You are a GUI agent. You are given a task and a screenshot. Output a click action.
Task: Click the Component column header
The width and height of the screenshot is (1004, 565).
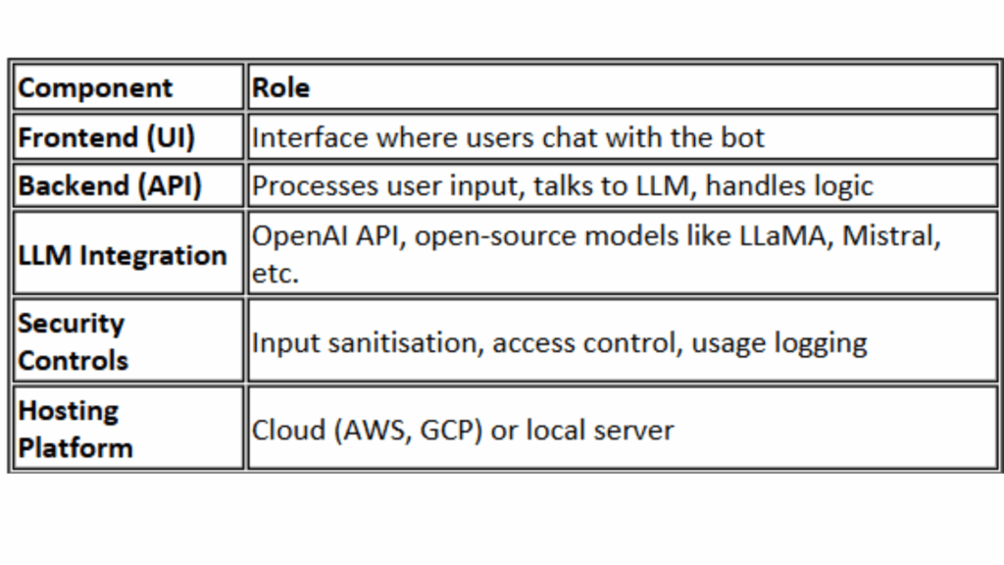click(x=95, y=87)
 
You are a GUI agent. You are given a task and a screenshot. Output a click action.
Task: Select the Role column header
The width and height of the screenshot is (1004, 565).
click(x=281, y=87)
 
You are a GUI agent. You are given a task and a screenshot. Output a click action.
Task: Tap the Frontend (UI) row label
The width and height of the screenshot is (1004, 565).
click(x=106, y=137)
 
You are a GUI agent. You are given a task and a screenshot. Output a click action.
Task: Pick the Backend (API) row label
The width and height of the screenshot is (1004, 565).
click(x=110, y=185)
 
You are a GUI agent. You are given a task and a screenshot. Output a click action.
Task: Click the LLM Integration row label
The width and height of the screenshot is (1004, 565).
click(x=123, y=256)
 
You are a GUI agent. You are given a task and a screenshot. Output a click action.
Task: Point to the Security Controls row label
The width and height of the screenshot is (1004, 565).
click(x=73, y=342)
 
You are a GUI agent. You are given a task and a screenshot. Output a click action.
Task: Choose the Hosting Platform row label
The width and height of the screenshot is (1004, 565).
click(x=75, y=430)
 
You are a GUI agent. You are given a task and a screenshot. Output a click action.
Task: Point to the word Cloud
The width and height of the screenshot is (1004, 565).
click(x=289, y=431)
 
